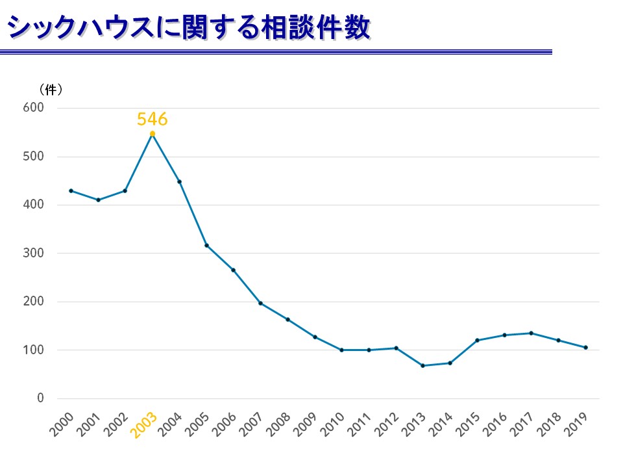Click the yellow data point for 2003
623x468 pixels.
[153, 134]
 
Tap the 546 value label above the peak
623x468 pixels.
[153, 120]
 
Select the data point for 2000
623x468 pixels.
[71, 190]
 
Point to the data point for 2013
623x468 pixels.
[422, 365]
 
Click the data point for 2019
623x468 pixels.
[585, 347]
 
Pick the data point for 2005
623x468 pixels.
[206, 245]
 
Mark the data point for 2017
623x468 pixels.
[531, 333]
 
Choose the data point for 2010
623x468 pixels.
[341, 350]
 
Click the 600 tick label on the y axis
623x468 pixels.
[34, 108]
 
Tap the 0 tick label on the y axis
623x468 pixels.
[40, 398]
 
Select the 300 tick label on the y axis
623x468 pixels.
[34, 253]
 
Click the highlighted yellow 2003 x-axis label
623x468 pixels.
[145, 424]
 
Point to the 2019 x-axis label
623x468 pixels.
[578, 424]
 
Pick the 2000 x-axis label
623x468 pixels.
[63, 424]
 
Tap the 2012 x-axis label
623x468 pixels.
[388, 424]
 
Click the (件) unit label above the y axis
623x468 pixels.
[51, 89]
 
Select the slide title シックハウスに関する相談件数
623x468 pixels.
[189, 27]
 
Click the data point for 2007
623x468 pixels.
[260, 303]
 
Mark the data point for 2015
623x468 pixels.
[477, 340]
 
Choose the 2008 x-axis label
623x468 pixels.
[280, 424]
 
